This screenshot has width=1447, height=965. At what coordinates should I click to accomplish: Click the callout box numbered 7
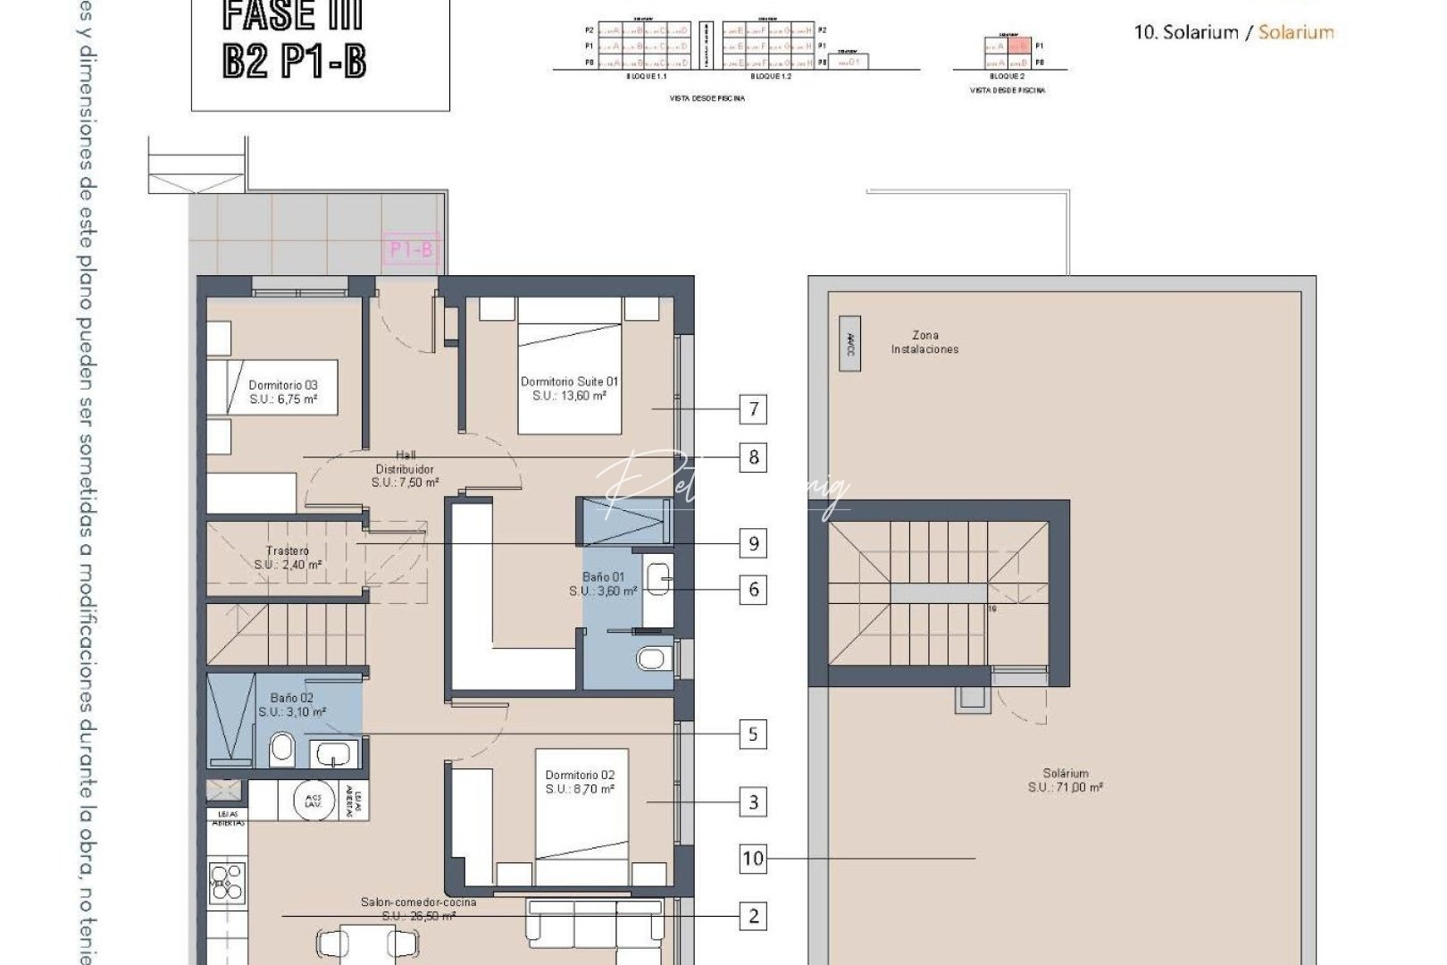tap(753, 409)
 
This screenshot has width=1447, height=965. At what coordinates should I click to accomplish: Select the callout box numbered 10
tap(753, 859)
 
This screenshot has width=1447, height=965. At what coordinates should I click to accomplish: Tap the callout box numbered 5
tap(753, 734)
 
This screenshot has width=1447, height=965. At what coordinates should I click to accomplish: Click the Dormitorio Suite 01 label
tap(569, 388)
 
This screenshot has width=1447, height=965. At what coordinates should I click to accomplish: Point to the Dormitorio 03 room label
tap(282, 392)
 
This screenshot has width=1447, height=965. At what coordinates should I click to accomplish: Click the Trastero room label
tap(288, 558)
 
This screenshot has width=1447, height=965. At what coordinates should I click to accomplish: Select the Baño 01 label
tap(604, 584)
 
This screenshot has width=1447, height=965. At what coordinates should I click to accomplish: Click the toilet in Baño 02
tap(282, 748)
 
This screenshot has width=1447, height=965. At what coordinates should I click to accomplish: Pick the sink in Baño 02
tap(334, 753)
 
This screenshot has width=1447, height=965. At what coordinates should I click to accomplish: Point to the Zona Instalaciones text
tap(924, 342)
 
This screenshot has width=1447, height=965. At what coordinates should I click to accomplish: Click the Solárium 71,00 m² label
tap(1065, 780)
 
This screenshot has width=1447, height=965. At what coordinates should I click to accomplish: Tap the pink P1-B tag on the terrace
tap(412, 249)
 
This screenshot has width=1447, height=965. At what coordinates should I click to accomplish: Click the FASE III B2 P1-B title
tap(294, 40)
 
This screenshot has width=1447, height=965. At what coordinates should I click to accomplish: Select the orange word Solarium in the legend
tap(1296, 32)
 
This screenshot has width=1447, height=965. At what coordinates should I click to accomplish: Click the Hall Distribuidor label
tap(405, 468)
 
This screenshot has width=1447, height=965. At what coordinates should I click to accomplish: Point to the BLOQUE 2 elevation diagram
tap(1009, 54)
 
